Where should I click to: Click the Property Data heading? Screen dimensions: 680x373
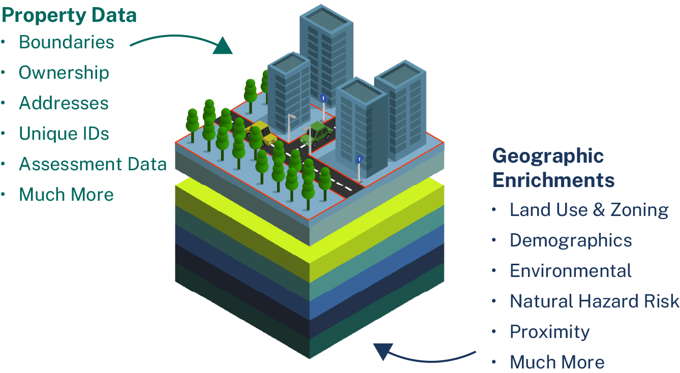[x=69, y=15]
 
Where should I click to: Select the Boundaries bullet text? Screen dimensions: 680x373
[x=67, y=42]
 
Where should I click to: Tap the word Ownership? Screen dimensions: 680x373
[x=64, y=73]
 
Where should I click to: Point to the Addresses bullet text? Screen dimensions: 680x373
[x=64, y=103]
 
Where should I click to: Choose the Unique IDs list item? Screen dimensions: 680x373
[x=64, y=134]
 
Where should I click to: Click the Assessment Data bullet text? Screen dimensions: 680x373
[x=93, y=164]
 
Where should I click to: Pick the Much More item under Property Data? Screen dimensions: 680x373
[x=66, y=194]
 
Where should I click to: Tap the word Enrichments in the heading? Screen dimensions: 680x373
[x=553, y=180]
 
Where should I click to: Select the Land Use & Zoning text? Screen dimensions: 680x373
[x=589, y=210]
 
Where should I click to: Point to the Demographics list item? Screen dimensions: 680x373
[x=571, y=241]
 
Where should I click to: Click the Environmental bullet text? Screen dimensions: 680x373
[x=570, y=271]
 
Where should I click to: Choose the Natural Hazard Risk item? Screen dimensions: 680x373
[x=595, y=301]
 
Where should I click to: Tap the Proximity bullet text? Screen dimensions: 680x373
[x=550, y=332]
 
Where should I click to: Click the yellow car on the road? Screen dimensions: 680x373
[x=261, y=133]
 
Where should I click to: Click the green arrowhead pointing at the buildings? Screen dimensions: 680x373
[x=223, y=46]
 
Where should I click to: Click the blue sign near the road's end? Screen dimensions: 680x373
[x=359, y=159]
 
